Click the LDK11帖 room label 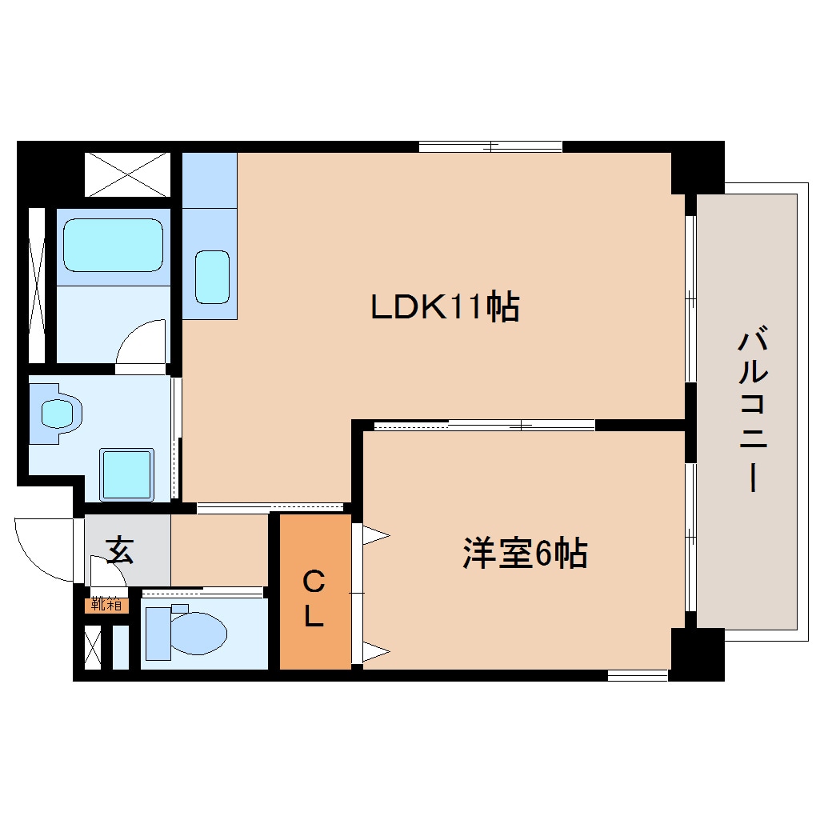coord(445,307)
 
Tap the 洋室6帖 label coord(525,554)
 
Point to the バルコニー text coord(753,411)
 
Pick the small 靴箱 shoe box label coord(106,605)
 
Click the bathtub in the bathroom coord(113,245)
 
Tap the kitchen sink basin coord(212,277)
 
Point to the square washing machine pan coord(126,475)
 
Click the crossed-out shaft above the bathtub coord(126,174)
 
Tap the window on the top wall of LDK coord(490,146)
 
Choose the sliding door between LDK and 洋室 coord(484,425)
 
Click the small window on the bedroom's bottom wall coord(638,676)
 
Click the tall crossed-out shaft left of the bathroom coord(37,285)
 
